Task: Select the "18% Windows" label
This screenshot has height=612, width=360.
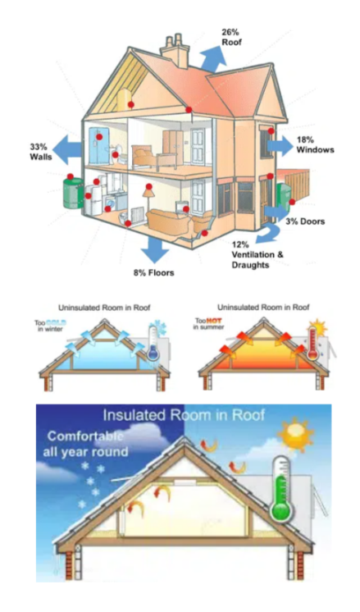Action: pyautogui.click(x=315, y=145)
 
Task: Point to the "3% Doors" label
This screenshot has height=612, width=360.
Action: pyautogui.click(x=305, y=222)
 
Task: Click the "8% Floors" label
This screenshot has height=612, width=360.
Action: pyautogui.click(x=153, y=272)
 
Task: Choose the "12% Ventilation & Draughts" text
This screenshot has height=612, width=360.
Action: pyautogui.click(x=257, y=255)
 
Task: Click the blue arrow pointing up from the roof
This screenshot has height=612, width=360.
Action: pyautogui.click(x=212, y=57)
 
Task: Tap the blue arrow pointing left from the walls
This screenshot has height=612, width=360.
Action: pyautogui.click(x=67, y=149)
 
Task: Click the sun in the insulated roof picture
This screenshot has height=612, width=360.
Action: pyautogui.click(x=296, y=433)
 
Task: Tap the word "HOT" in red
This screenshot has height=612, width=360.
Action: pyautogui.click(x=214, y=321)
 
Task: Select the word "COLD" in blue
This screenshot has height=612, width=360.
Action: pyautogui.click(x=57, y=322)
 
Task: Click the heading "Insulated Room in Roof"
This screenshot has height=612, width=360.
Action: pyautogui.click(x=184, y=415)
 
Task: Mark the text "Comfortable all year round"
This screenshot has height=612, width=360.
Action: pyautogui.click(x=85, y=444)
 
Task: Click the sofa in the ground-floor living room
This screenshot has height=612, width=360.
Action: pyautogui.click(x=168, y=221)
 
